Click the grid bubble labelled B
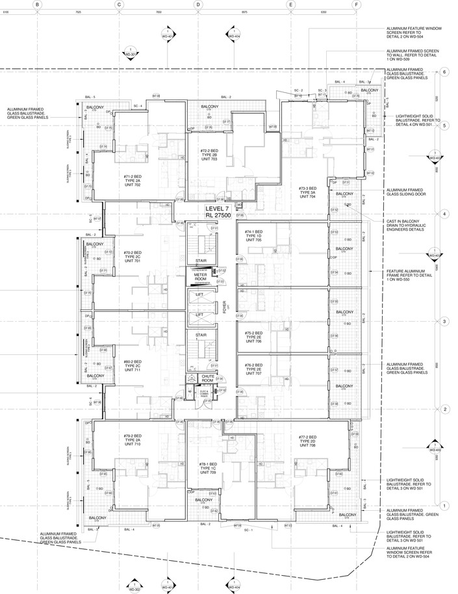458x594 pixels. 38,4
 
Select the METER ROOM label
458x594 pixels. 200,278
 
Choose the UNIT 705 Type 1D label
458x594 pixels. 253,235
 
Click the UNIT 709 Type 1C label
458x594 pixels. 208,468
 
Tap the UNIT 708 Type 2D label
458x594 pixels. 307,441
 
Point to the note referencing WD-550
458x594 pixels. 407,274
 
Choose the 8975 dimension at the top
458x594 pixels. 244,12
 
